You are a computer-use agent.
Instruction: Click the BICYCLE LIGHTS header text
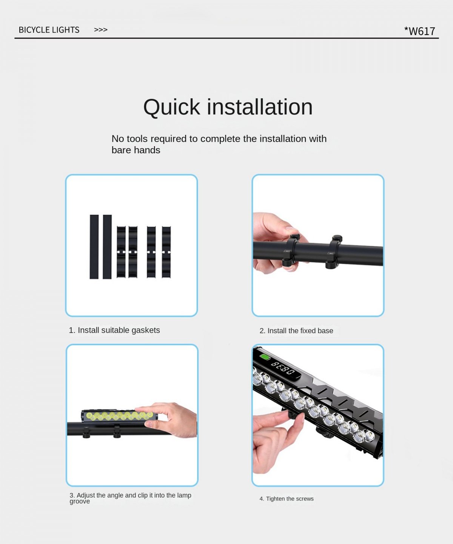point(49,30)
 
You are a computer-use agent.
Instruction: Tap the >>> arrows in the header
point(101,30)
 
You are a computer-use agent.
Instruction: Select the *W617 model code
point(419,31)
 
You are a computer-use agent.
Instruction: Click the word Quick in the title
point(171,107)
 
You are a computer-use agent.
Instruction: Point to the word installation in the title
point(260,107)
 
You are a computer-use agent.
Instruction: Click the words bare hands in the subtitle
point(136,150)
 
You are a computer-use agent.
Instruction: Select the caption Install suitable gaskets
point(119,330)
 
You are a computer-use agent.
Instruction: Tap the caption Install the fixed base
point(300,331)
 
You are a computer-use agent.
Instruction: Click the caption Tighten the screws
point(290,499)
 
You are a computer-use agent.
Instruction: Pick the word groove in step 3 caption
point(80,501)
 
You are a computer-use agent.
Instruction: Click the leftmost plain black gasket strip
point(94,247)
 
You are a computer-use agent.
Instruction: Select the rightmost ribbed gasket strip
point(166,252)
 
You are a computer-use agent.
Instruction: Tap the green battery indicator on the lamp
point(265,357)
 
